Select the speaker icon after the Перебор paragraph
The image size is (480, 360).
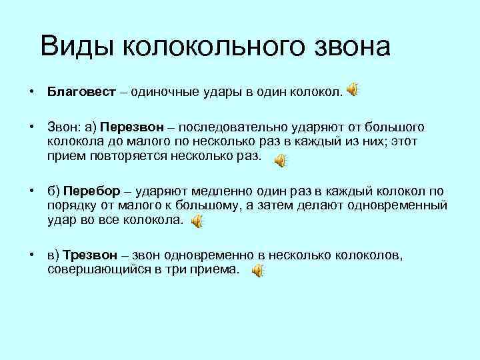coord(198,222)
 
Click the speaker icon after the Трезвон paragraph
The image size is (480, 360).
coord(257,270)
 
